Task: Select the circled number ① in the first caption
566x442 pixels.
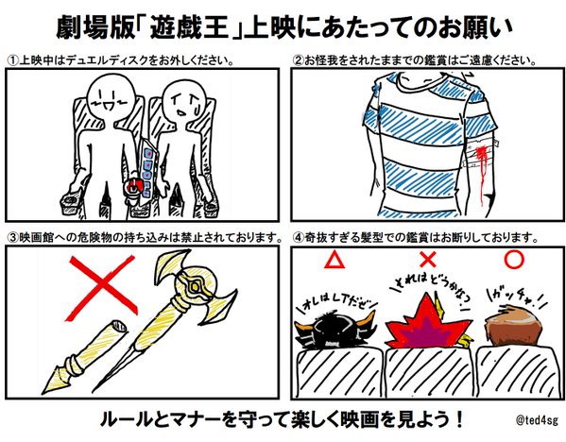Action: point(12,60)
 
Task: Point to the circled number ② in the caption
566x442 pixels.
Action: point(297,60)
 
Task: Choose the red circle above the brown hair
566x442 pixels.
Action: point(515,258)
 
